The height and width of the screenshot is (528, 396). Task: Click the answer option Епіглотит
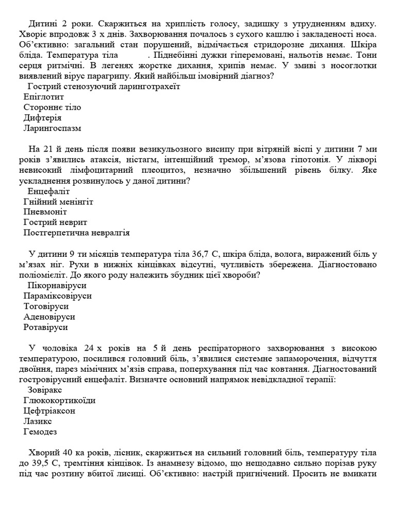pos(43,96)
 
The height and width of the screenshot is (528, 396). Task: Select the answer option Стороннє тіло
pos(52,107)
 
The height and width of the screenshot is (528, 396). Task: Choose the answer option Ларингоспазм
pos(53,128)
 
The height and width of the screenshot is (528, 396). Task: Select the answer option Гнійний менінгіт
pos(58,201)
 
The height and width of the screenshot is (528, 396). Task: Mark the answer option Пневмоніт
pos(45,211)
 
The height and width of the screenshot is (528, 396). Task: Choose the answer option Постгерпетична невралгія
pos(76,233)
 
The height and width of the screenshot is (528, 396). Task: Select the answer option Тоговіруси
pos(46,306)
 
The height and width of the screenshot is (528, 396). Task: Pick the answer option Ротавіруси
pos(46,327)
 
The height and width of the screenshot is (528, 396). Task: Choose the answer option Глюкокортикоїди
pos(59,400)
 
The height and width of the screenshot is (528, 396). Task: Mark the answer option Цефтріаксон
pos(49,411)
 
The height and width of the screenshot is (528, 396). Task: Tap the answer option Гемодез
pos(40,432)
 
